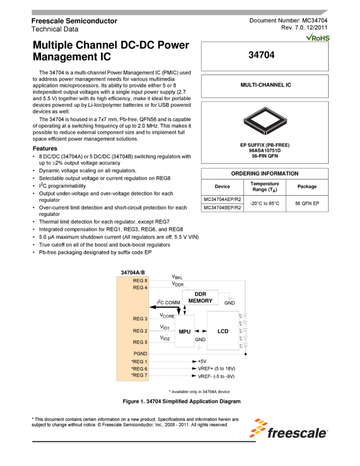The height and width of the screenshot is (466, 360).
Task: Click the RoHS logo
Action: pyautogui.click(x=318, y=37)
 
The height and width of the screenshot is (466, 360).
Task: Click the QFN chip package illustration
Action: pyautogui.click(x=265, y=121)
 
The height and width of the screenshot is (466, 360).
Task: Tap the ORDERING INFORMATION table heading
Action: pyautogui.click(x=265, y=173)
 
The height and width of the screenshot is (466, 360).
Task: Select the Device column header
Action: pyautogui.click(x=222, y=186)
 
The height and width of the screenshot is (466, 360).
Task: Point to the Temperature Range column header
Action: pyautogui.click(x=265, y=186)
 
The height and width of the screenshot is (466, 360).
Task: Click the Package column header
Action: pyautogui.click(x=307, y=186)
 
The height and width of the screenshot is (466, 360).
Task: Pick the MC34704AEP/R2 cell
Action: pyautogui.click(x=222, y=200)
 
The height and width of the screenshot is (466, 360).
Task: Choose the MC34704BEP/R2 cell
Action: pyautogui.click(x=222, y=208)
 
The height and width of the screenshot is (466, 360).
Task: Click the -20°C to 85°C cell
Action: pyautogui.click(x=265, y=203)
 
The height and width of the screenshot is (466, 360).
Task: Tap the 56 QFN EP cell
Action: pyautogui.click(x=307, y=203)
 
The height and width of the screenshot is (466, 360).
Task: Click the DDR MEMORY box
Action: pyautogui.click(x=201, y=297)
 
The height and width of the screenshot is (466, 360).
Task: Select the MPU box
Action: pyautogui.click(x=185, y=331)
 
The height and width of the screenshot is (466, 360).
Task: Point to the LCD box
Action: pyautogui.click(x=223, y=331)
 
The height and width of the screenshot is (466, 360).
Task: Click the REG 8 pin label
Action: pyautogui.click(x=140, y=280)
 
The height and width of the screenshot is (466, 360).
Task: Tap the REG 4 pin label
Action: pyautogui.click(x=140, y=287)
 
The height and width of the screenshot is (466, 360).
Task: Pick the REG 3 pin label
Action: pyautogui.click(x=140, y=319)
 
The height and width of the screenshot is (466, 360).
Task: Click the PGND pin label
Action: pyautogui.click(x=141, y=354)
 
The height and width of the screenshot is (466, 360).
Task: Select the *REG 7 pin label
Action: pyautogui.click(x=139, y=375)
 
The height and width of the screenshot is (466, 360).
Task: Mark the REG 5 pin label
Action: pyautogui.click(x=140, y=342)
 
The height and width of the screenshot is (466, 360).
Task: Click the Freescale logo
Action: pyautogui.click(x=288, y=428)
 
